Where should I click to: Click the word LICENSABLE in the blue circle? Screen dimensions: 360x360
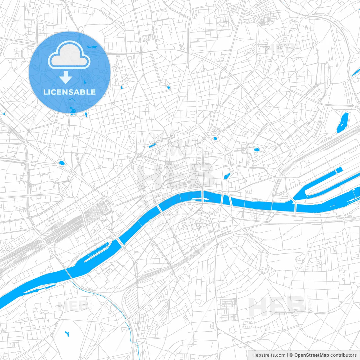coord(69,92)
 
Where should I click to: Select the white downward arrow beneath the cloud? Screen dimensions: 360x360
coord(66,77)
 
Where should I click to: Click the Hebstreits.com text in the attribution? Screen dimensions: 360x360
coord(269,355)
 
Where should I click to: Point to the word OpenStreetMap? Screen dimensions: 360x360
coord(312,355)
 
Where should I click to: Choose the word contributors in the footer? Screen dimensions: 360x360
coord(343,355)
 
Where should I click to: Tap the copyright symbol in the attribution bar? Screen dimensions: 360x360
coord(291,355)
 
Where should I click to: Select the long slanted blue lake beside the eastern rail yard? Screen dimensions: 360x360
coord(343,123)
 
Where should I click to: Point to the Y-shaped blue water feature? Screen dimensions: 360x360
coord(67,334)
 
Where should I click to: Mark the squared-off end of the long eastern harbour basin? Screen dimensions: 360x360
coord(339,170)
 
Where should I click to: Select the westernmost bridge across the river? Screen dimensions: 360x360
coord(68,273)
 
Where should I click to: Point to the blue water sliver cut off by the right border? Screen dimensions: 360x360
coord(355,72)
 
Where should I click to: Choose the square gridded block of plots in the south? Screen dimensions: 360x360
coord(228,309)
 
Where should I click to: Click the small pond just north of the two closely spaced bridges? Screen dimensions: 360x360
coord(226,176)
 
